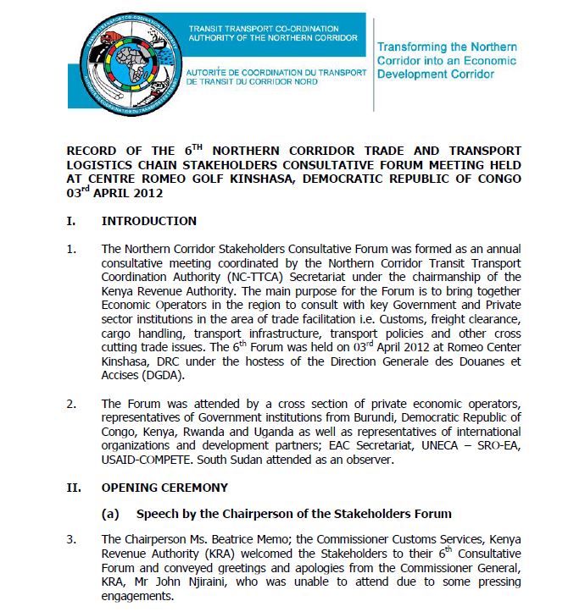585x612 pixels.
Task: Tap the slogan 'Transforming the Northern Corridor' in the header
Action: pos(446,47)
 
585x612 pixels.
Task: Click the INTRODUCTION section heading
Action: pos(149,221)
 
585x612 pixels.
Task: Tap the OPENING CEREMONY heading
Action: pos(164,487)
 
